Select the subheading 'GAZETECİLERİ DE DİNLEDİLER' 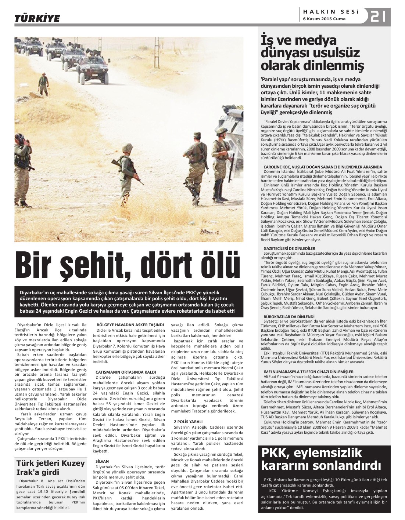290,248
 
